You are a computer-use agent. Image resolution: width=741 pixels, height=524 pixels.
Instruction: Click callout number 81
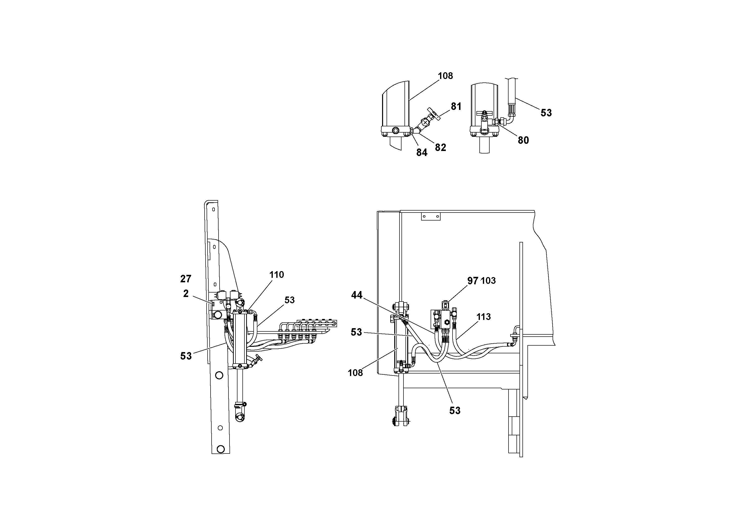click(x=456, y=106)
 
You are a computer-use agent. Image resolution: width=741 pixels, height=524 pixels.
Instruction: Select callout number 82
click(x=440, y=147)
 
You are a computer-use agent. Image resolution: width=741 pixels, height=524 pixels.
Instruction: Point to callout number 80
click(x=523, y=140)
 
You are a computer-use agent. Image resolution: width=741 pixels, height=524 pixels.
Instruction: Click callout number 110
click(x=277, y=275)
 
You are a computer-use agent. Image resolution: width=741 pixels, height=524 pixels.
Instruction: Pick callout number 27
click(x=186, y=279)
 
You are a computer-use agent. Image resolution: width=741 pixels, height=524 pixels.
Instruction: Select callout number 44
click(x=357, y=295)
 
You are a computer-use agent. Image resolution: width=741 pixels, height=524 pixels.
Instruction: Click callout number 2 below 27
click(x=186, y=294)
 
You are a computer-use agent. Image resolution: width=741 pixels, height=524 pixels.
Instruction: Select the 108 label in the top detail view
click(x=445, y=76)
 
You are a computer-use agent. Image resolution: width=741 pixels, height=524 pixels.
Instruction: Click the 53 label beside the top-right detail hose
click(x=546, y=113)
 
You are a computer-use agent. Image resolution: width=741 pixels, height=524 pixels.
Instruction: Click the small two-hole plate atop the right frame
click(x=431, y=217)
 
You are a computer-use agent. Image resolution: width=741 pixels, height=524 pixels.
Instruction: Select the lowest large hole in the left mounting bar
click(x=221, y=449)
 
